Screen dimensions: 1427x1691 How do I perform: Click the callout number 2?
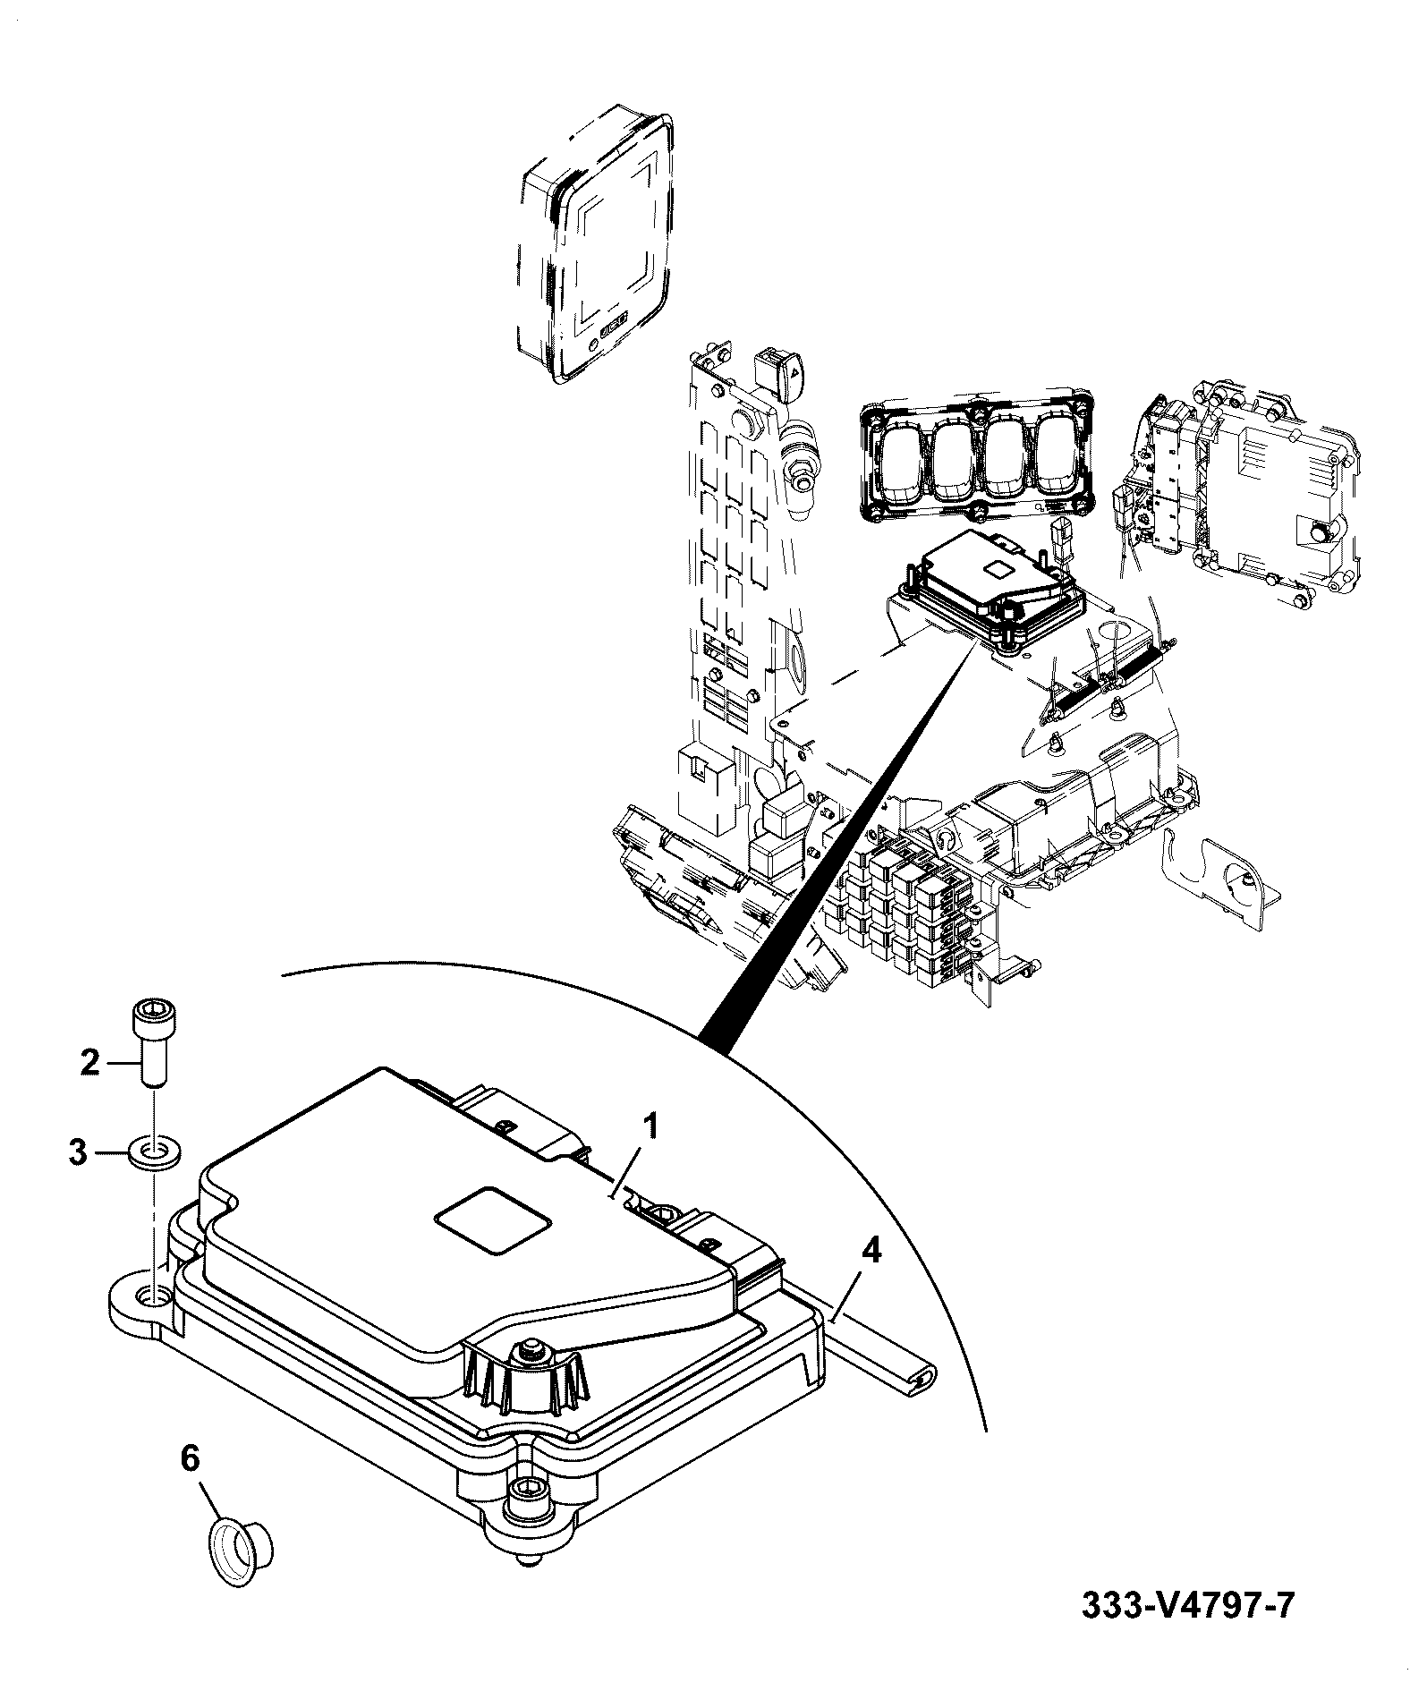[90, 1063]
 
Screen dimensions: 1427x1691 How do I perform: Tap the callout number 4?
[871, 1250]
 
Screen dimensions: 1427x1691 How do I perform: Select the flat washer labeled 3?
[154, 1152]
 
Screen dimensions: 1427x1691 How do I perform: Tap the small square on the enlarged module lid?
[491, 1220]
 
